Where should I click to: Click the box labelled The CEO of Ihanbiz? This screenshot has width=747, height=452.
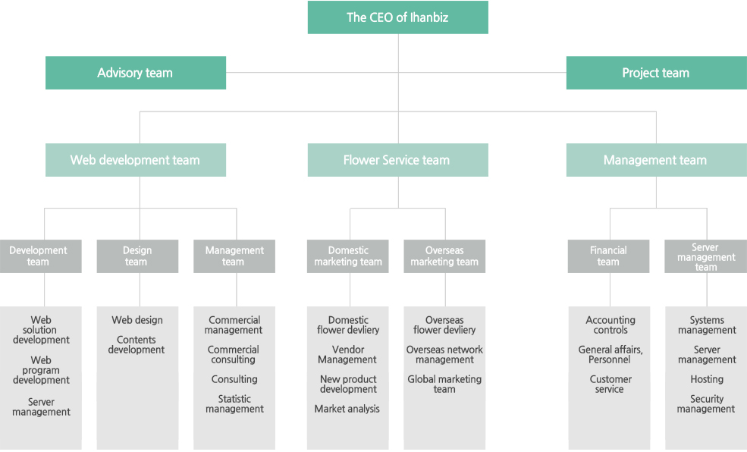click(x=398, y=17)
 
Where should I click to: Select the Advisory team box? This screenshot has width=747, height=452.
click(x=136, y=73)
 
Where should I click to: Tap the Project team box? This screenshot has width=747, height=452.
click(x=657, y=73)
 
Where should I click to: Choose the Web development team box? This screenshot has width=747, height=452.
click(x=136, y=160)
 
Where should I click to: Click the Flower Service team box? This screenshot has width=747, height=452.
click(x=398, y=160)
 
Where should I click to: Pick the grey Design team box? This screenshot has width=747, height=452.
click(x=138, y=256)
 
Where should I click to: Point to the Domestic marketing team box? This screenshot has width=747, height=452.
click(x=348, y=256)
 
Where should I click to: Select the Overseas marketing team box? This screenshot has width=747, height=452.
click(x=444, y=256)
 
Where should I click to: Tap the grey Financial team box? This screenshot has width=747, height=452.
click(x=608, y=256)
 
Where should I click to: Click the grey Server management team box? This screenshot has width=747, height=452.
click(x=705, y=256)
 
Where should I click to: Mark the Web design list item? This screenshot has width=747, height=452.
click(x=137, y=320)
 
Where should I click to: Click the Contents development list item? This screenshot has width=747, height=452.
click(x=137, y=345)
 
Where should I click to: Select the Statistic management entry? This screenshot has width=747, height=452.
click(x=234, y=404)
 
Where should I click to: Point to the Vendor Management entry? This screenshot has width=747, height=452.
click(x=347, y=355)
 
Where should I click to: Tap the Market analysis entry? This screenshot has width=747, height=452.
click(x=347, y=409)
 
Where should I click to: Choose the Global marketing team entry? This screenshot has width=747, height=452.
click(x=444, y=385)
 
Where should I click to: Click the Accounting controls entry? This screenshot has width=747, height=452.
click(x=610, y=325)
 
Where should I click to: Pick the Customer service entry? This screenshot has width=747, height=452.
click(x=610, y=385)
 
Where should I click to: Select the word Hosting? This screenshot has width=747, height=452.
click(x=707, y=380)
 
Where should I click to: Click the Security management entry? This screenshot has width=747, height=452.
click(x=706, y=404)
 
